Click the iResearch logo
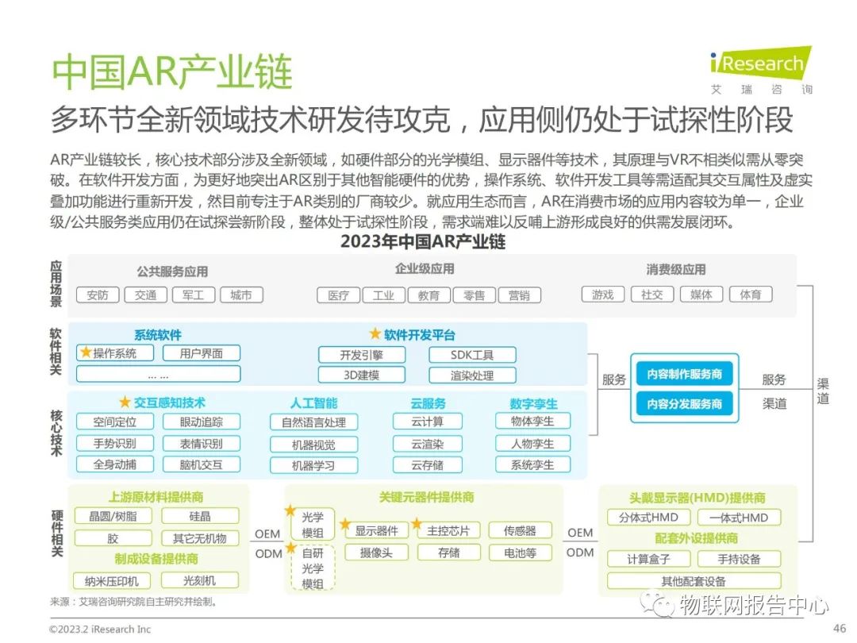click(760, 64)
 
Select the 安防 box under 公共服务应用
click(98, 295)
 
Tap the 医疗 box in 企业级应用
click(338, 295)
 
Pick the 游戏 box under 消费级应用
click(603, 295)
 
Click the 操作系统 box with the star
click(116, 353)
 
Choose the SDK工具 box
click(472, 355)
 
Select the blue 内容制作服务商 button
click(684, 374)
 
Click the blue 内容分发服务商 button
click(684, 404)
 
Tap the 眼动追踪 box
click(202, 422)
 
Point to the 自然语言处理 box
click(313, 422)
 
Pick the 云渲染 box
click(427, 444)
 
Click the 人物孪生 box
click(532, 444)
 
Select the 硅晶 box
click(200, 516)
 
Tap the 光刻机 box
click(200, 580)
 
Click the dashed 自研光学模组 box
click(313, 568)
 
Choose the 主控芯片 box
click(449, 530)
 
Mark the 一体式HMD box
click(738, 518)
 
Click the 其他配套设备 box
click(694, 580)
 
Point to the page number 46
click(840, 628)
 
